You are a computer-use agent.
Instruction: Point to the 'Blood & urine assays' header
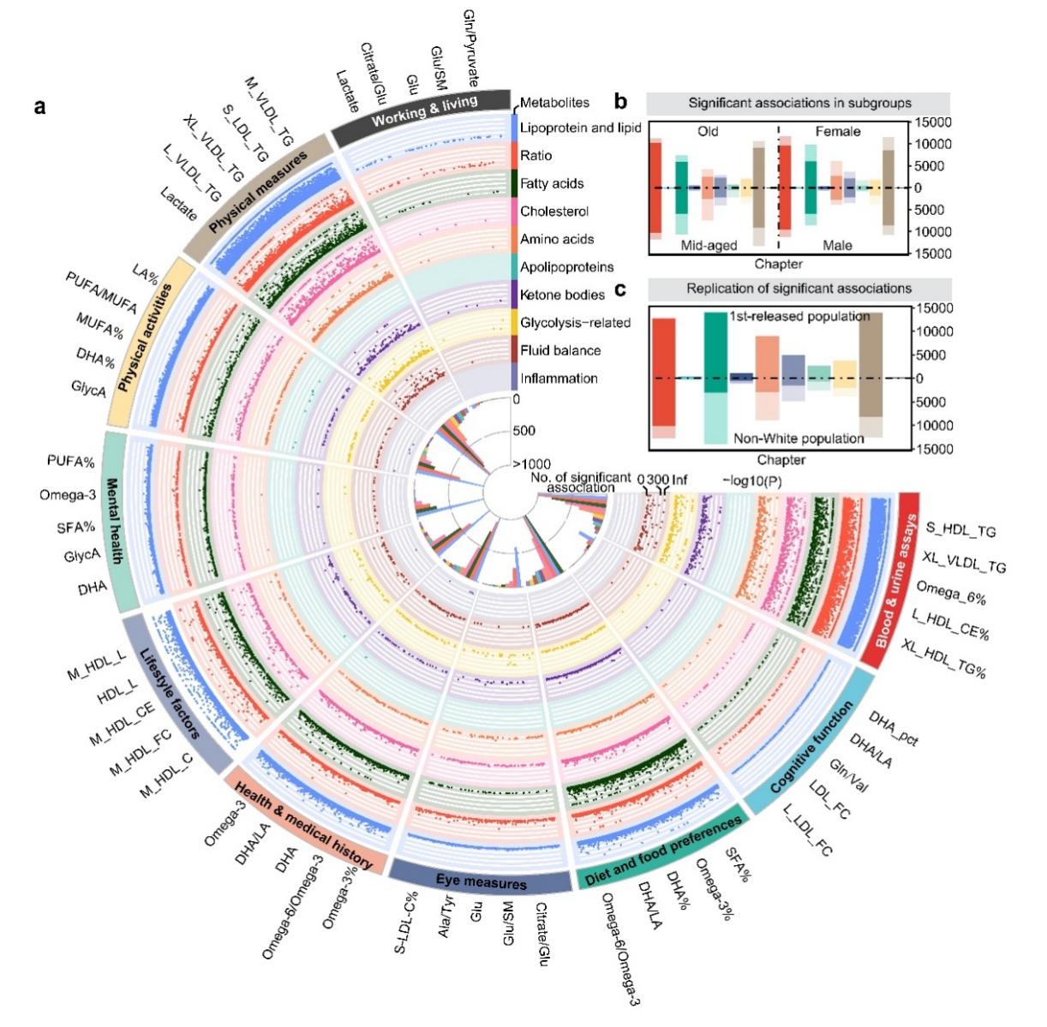[x=897, y=582]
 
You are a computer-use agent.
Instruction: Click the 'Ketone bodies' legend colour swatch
[x=512, y=295]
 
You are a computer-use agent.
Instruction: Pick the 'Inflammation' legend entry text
[x=559, y=379]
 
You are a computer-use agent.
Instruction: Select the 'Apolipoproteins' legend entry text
[x=566, y=267]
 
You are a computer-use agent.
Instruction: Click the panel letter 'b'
[x=621, y=102]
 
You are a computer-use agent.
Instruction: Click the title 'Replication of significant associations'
[x=799, y=289]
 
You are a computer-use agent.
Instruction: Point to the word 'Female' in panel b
[x=838, y=131]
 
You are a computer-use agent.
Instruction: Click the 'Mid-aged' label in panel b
[x=709, y=245]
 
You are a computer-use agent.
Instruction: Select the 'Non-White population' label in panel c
[x=799, y=439]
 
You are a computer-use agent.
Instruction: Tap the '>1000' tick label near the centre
[x=531, y=463]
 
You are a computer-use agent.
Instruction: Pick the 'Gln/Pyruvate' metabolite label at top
[x=470, y=47]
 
